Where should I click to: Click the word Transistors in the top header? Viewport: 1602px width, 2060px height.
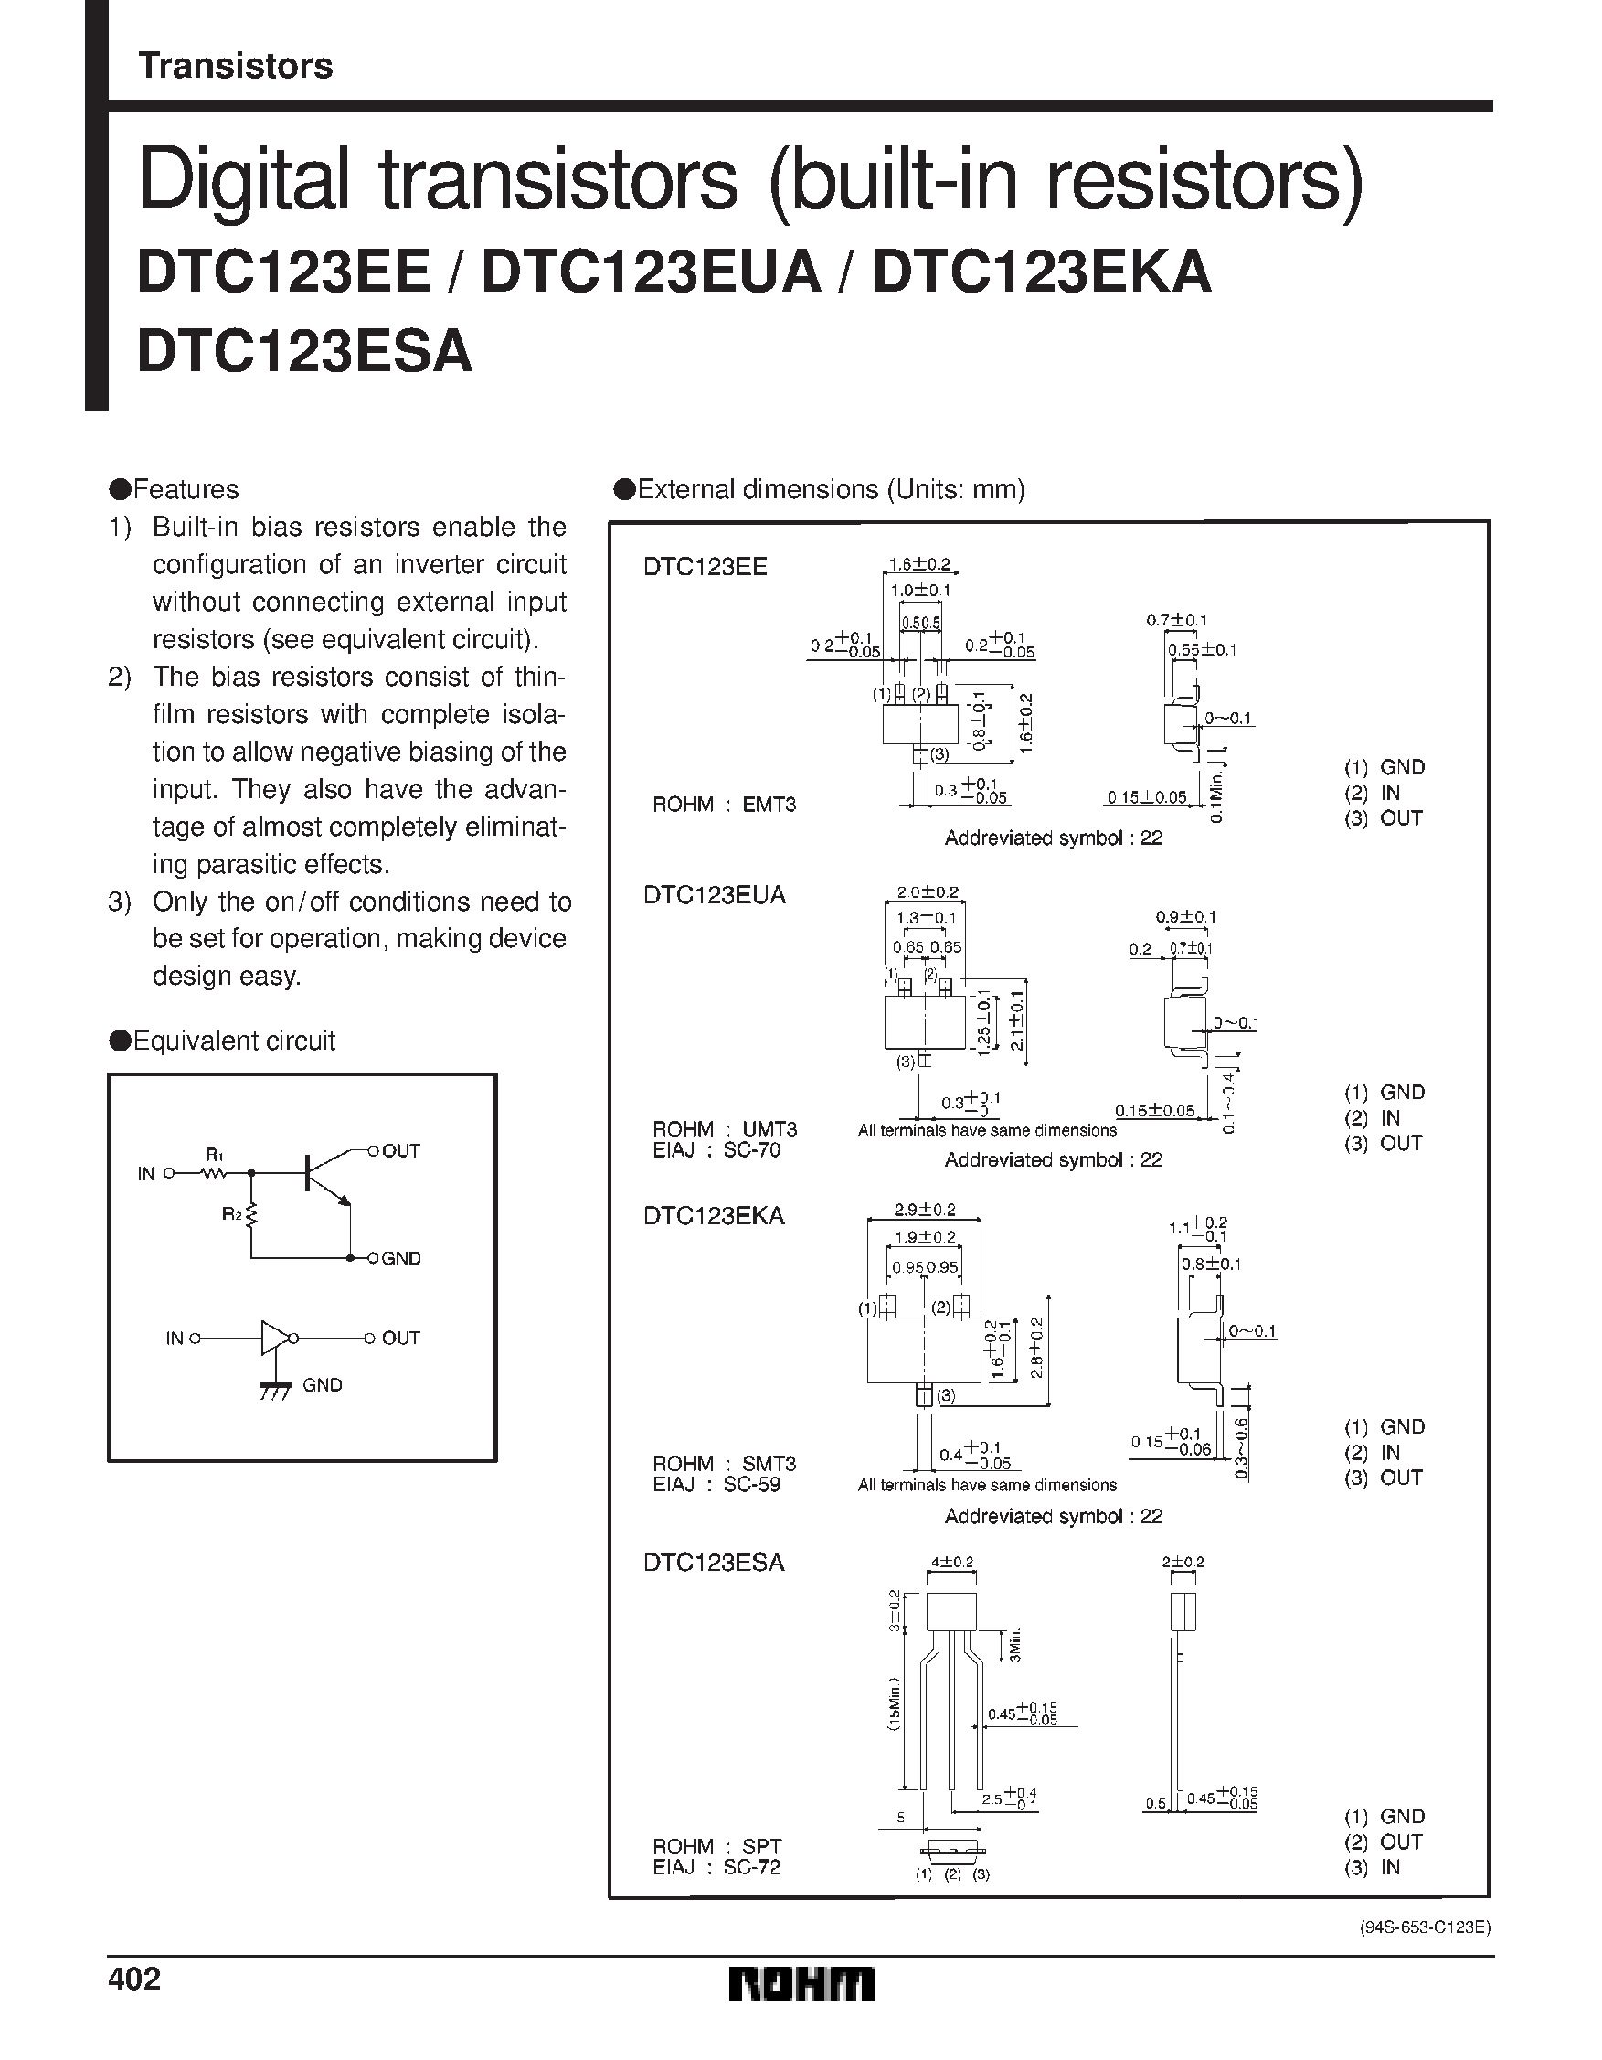[235, 66]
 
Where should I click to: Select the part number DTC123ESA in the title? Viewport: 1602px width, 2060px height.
[304, 351]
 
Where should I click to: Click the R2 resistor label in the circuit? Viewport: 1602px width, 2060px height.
[232, 1214]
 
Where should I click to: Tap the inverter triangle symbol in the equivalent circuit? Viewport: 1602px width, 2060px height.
[274, 1339]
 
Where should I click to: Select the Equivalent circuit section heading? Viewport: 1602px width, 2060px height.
[224, 1041]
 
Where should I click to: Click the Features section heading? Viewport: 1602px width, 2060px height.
[175, 489]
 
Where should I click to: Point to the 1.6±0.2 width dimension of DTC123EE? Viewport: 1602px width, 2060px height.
[919, 565]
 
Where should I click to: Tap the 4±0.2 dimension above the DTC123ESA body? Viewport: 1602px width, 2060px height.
[951, 1562]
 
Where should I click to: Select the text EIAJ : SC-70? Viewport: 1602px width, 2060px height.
[716, 1151]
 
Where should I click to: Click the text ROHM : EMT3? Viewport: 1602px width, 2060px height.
[724, 805]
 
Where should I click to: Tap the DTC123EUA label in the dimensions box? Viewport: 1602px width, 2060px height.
[714, 894]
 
